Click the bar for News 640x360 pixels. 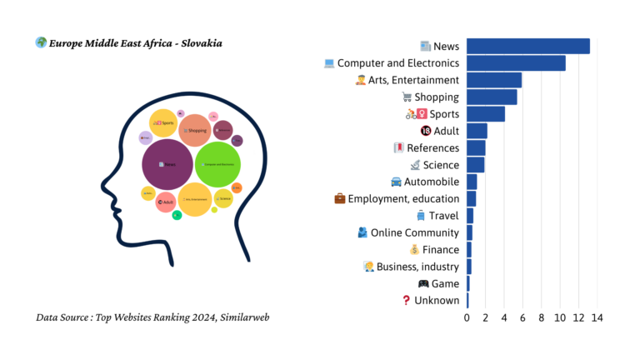click(527, 47)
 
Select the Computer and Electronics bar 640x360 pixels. click(516, 63)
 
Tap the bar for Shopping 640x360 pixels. click(492, 97)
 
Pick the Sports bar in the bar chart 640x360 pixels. click(485, 114)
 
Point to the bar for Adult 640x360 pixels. click(477, 131)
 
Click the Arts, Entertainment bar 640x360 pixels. click(493, 80)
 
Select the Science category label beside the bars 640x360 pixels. click(441, 165)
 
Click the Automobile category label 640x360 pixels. click(431, 182)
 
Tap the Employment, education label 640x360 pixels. click(403, 198)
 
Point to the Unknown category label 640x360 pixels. click(437, 300)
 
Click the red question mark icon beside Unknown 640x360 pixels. click(407, 300)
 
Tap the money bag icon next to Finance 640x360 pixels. click(414, 250)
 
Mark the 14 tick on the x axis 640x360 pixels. click(597, 317)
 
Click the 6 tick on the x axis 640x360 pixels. click(522, 317)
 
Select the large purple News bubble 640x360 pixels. click(167, 163)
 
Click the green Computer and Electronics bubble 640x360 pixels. click(217, 163)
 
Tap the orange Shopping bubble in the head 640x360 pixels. click(195, 130)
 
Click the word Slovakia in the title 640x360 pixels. click(197, 42)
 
